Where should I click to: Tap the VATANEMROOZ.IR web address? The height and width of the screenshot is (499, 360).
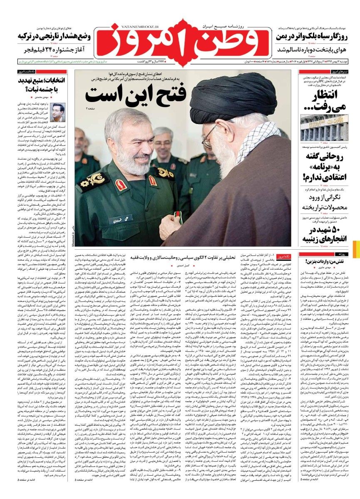tap(126, 25)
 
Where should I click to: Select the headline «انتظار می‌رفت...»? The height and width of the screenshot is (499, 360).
tap(328, 100)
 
